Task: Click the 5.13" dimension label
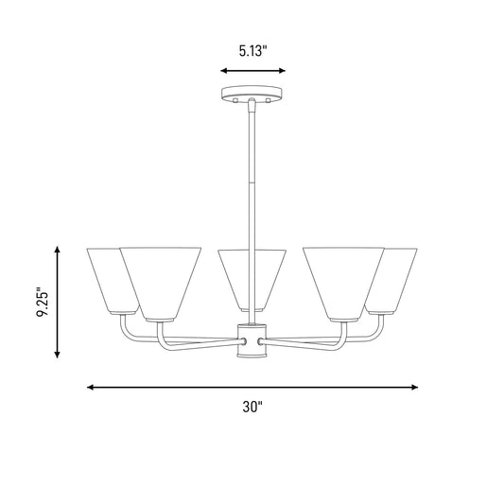[253, 51]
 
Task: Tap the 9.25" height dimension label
[43, 302]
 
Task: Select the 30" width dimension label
[252, 407]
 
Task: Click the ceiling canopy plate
[252, 94]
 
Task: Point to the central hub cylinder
[252, 340]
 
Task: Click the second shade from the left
[161, 284]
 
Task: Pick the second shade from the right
[343, 284]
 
